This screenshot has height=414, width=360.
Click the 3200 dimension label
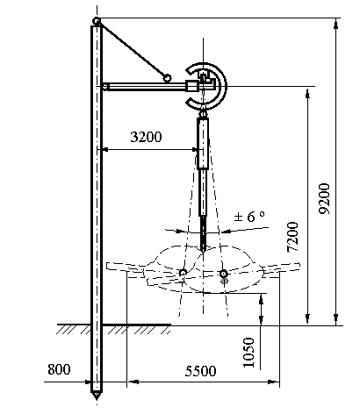tap(146, 137)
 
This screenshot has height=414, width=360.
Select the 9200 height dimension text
tap(325, 198)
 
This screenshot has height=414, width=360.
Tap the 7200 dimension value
tap(292, 237)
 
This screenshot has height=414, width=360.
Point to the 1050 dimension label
tap(248, 353)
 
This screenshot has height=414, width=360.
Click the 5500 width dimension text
tap(200, 371)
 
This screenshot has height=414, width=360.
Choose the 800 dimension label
tap(59, 369)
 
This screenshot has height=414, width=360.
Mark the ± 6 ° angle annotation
tap(249, 217)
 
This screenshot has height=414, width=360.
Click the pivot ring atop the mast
tap(97, 21)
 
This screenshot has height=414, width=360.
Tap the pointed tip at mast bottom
tap(97, 397)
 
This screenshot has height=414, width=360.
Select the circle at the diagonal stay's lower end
tap(167, 78)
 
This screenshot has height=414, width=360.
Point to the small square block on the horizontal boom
tap(191, 87)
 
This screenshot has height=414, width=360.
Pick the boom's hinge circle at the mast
tap(104, 87)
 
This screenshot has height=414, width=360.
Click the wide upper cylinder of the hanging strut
tap(203, 143)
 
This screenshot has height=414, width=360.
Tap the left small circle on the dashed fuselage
tap(183, 273)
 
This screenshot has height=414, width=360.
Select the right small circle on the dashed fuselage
tap(224, 274)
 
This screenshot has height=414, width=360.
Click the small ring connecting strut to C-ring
tap(203, 114)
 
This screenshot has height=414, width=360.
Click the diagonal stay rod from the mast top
tap(133, 51)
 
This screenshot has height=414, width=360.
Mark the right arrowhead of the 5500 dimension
tap(274, 382)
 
